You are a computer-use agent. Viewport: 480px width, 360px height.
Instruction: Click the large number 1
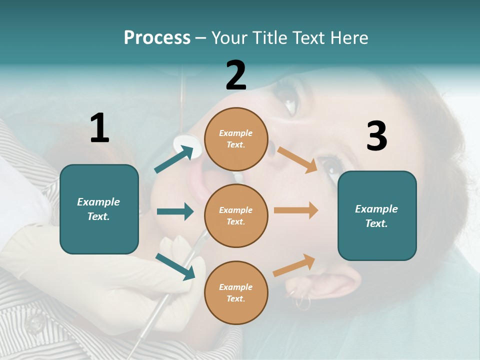[x=99, y=128]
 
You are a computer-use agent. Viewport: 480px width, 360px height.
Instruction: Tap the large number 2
[x=236, y=76]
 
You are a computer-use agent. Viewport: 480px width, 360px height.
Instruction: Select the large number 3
[x=376, y=136]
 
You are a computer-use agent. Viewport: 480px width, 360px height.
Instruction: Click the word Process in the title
[x=157, y=37]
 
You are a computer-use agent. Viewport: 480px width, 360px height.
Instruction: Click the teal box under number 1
[x=99, y=209]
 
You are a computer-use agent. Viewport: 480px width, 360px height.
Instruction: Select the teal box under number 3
[x=377, y=215]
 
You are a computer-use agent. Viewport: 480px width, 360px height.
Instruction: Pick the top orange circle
[x=236, y=139]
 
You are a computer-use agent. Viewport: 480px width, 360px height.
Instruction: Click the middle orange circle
[x=236, y=215]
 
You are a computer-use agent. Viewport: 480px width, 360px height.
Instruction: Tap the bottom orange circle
[x=236, y=292]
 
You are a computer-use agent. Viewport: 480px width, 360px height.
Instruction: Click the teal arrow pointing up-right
[x=174, y=159]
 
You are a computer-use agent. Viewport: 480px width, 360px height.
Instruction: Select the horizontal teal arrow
[x=175, y=211]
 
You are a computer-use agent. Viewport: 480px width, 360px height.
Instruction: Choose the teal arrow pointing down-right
[x=175, y=266]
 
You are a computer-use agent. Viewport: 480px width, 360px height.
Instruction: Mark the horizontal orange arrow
[x=296, y=210]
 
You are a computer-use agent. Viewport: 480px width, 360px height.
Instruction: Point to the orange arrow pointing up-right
[x=294, y=265]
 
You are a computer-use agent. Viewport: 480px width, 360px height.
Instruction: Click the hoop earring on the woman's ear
[x=303, y=302]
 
